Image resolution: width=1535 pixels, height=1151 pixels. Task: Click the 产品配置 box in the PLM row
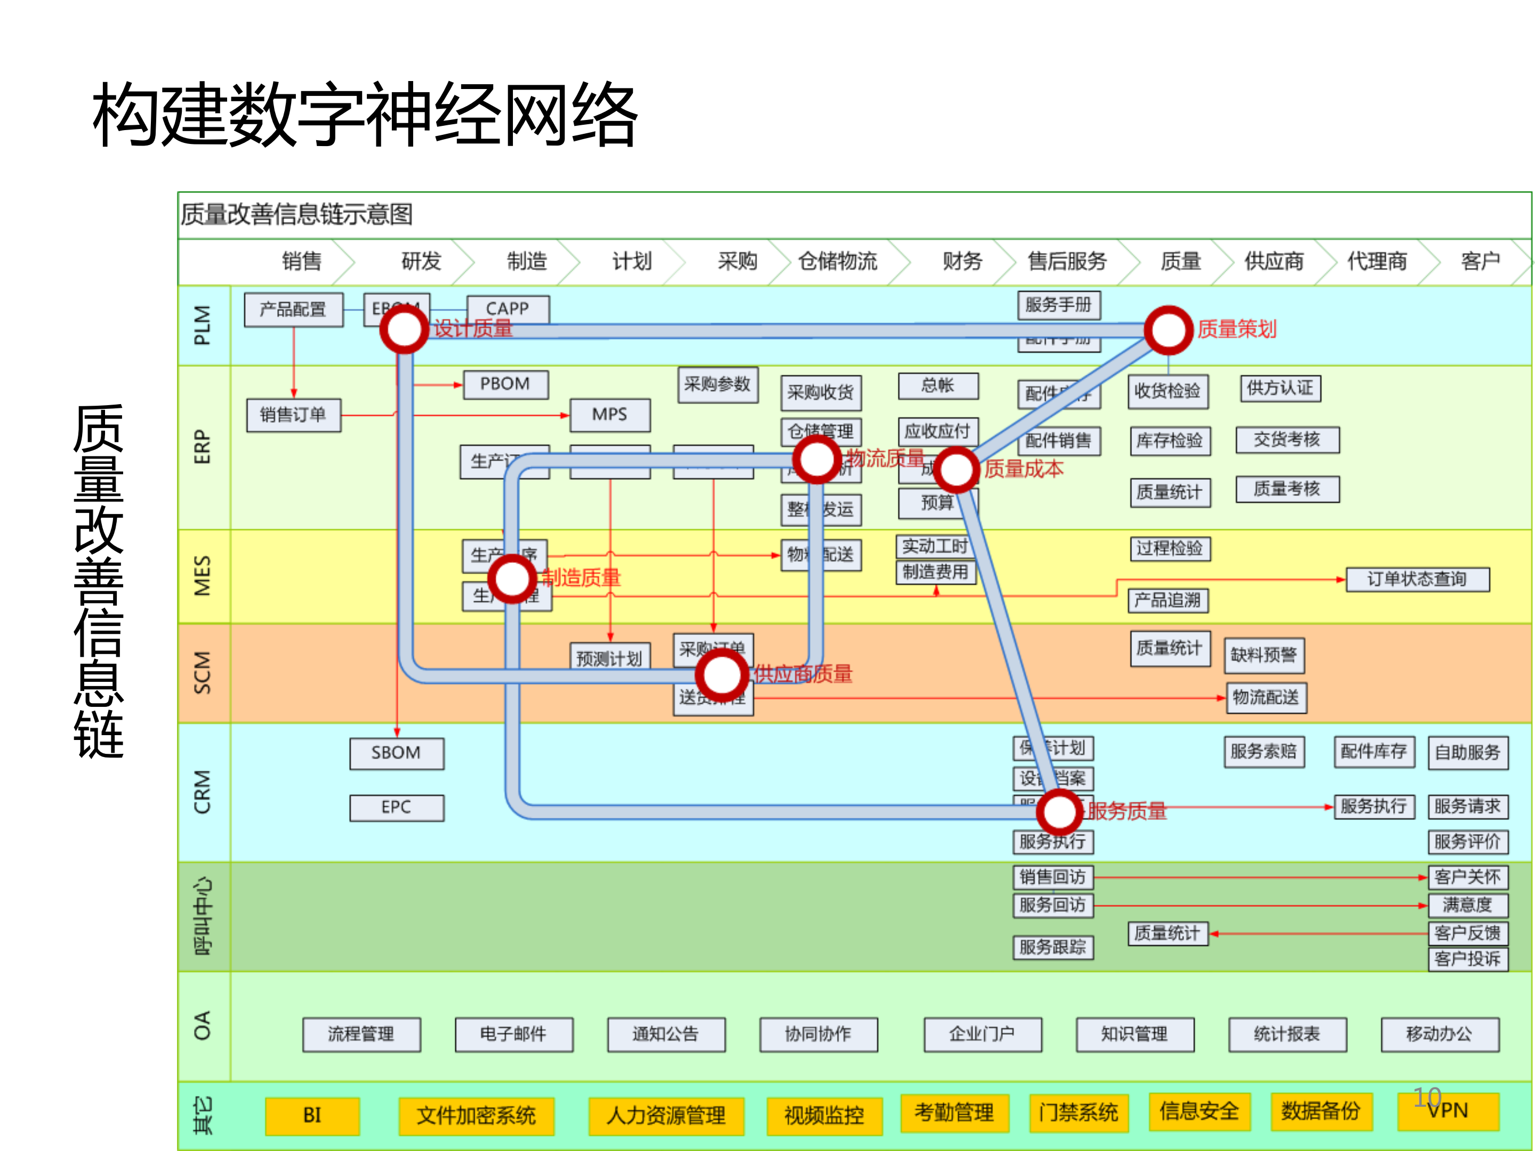(x=294, y=309)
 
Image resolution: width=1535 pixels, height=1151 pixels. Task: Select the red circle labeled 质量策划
(x=1169, y=330)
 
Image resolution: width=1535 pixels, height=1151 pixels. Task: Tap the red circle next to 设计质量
(x=404, y=329)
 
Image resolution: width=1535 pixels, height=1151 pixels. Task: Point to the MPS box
(x=610, y=415)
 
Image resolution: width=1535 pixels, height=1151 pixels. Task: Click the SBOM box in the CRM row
(x=396, y=753)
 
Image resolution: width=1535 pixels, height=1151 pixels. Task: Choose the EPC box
(x=396, y=808)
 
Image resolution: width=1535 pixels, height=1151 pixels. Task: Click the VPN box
(x=1448, y=1112)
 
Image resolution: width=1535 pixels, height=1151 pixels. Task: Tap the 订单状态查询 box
(x=1417, y=579)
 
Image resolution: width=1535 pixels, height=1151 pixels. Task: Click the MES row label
(x=203, y=576)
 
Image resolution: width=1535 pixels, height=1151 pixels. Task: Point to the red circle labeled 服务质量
(x=1059, y=812)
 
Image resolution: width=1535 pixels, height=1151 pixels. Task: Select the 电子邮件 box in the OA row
(x=513, y=1034)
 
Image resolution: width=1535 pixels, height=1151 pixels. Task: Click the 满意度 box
(x=1467, y=905)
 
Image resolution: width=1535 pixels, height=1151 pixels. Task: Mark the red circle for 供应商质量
(x=722, y=674)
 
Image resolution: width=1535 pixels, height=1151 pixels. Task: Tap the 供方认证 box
(x=1280, y=389)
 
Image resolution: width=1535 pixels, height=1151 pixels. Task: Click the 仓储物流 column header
(x=838, y=262)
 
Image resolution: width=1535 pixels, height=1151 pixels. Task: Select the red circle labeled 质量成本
(x=957, y=470)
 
